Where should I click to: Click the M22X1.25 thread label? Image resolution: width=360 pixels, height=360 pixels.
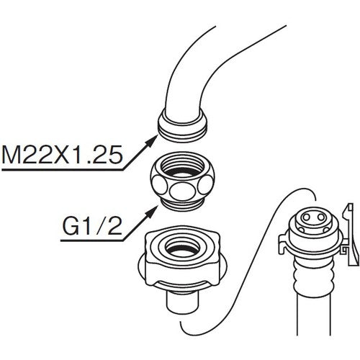(62, 154)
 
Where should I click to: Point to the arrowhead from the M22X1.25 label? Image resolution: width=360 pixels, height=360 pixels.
(152, 140)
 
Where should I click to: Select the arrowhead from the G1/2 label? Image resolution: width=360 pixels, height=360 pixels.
(152, 212)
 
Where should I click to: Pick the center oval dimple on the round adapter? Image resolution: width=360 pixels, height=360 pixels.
(181, 189)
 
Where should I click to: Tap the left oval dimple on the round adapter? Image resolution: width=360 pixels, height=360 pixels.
(159, 184)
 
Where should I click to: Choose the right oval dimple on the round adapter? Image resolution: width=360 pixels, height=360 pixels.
(205, 184)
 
